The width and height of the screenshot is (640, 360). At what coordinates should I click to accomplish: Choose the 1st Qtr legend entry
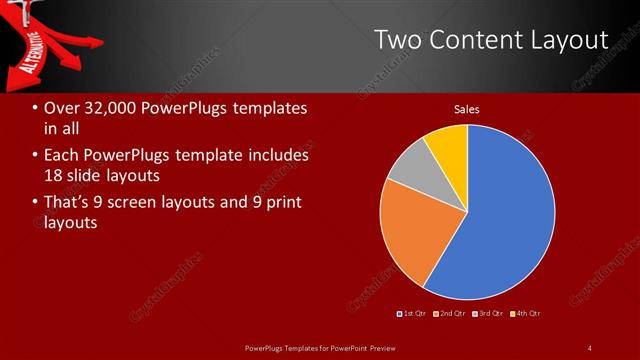tap(412, 314)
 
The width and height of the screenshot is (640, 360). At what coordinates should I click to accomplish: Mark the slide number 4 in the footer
tap(590, 347)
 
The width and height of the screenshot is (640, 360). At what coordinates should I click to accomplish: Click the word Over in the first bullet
tap(60, 107)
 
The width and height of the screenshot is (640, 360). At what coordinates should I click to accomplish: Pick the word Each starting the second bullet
tap(62, 155)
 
